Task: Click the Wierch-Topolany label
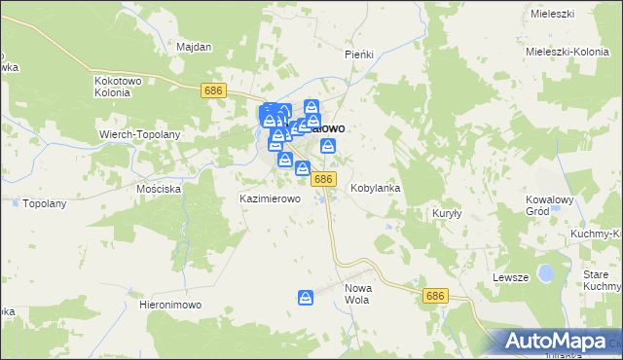(x=135, y=132)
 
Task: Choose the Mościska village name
(x=160, y=189)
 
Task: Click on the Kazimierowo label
(x=270, y=198)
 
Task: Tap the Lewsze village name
(x=510, y=277)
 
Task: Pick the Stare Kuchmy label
(x=601, y=281)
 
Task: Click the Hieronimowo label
(x=170, y=305)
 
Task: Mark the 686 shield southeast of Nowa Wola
(x=435, y=295)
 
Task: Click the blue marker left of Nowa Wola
(x=306, y=297)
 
